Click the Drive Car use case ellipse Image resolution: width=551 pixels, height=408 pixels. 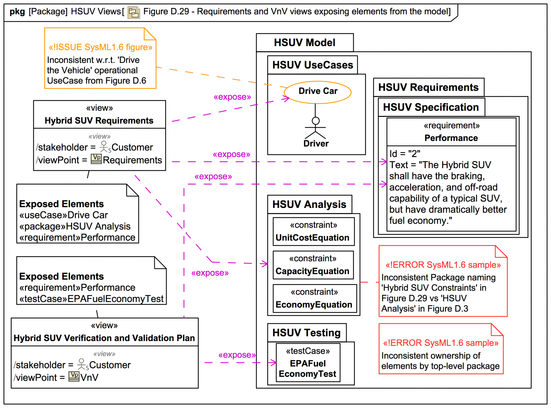(317, 92)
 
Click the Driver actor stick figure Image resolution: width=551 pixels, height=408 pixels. (315, 128)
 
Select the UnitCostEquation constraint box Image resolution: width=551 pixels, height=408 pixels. (313, 231)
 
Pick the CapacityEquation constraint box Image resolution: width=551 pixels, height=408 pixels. (313, 265)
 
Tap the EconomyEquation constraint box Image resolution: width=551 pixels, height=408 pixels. (315, 299)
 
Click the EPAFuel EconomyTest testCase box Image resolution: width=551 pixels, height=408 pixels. (308, 363)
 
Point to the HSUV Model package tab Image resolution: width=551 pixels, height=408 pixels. (304, 42)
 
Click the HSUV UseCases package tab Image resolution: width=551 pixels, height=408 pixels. (313, 65)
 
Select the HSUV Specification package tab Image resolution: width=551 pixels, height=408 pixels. (431, 107)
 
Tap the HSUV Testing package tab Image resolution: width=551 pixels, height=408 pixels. (306, 332)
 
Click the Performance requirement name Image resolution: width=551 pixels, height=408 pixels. (451, 138)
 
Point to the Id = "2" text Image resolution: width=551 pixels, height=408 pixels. (405, 154)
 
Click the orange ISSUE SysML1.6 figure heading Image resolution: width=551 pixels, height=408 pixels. (100, 47)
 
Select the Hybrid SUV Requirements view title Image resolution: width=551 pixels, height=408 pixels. (99, 121)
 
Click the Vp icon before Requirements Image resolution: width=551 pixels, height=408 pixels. (96, 159)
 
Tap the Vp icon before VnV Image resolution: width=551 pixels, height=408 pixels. (74, 376)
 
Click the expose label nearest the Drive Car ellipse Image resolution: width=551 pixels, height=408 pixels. (232, 97)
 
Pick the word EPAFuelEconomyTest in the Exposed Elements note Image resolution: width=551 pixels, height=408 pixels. (115, 299)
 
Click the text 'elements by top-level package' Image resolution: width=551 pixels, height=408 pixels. (440, 366)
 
